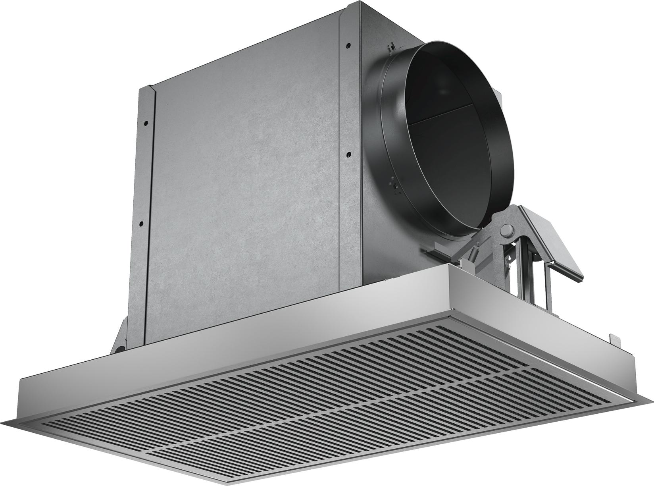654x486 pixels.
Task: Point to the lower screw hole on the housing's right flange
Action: click(x=348, y=153)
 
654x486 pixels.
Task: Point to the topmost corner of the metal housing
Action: click(x=360, y=3)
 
